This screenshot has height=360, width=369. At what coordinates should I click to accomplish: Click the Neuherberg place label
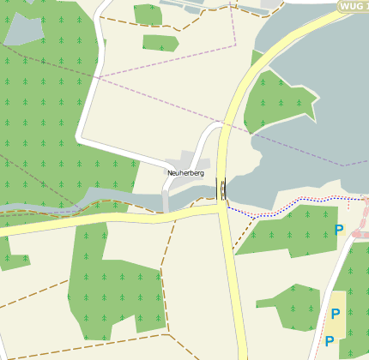point(185,173)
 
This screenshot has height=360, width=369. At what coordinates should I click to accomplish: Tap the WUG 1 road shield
point(352,6)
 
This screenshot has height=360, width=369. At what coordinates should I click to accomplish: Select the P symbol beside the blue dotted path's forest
point(339,230)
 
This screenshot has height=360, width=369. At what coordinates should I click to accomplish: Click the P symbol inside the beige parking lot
point(335,314)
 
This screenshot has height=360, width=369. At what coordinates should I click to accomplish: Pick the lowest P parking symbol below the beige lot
point(329,341)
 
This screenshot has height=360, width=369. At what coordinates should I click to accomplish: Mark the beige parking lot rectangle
point(334,321)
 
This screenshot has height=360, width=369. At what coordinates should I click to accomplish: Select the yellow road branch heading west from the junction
point(112,220)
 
